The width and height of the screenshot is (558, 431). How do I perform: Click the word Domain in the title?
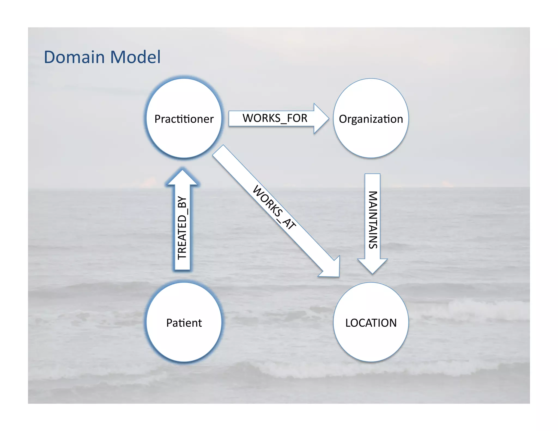(74, 57)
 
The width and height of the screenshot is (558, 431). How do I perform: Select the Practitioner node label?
(184, 119)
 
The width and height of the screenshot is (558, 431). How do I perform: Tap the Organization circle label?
(371, 119)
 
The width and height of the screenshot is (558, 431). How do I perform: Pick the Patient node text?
(184, 323)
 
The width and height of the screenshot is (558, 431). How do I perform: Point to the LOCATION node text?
(371, 323)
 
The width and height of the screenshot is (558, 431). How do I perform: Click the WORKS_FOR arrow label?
(275, 118)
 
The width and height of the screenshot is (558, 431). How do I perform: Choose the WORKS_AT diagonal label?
(274, 207)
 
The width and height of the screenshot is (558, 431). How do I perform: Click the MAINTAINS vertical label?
(373, 220)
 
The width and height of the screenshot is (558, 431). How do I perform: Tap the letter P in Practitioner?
(157, 119)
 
